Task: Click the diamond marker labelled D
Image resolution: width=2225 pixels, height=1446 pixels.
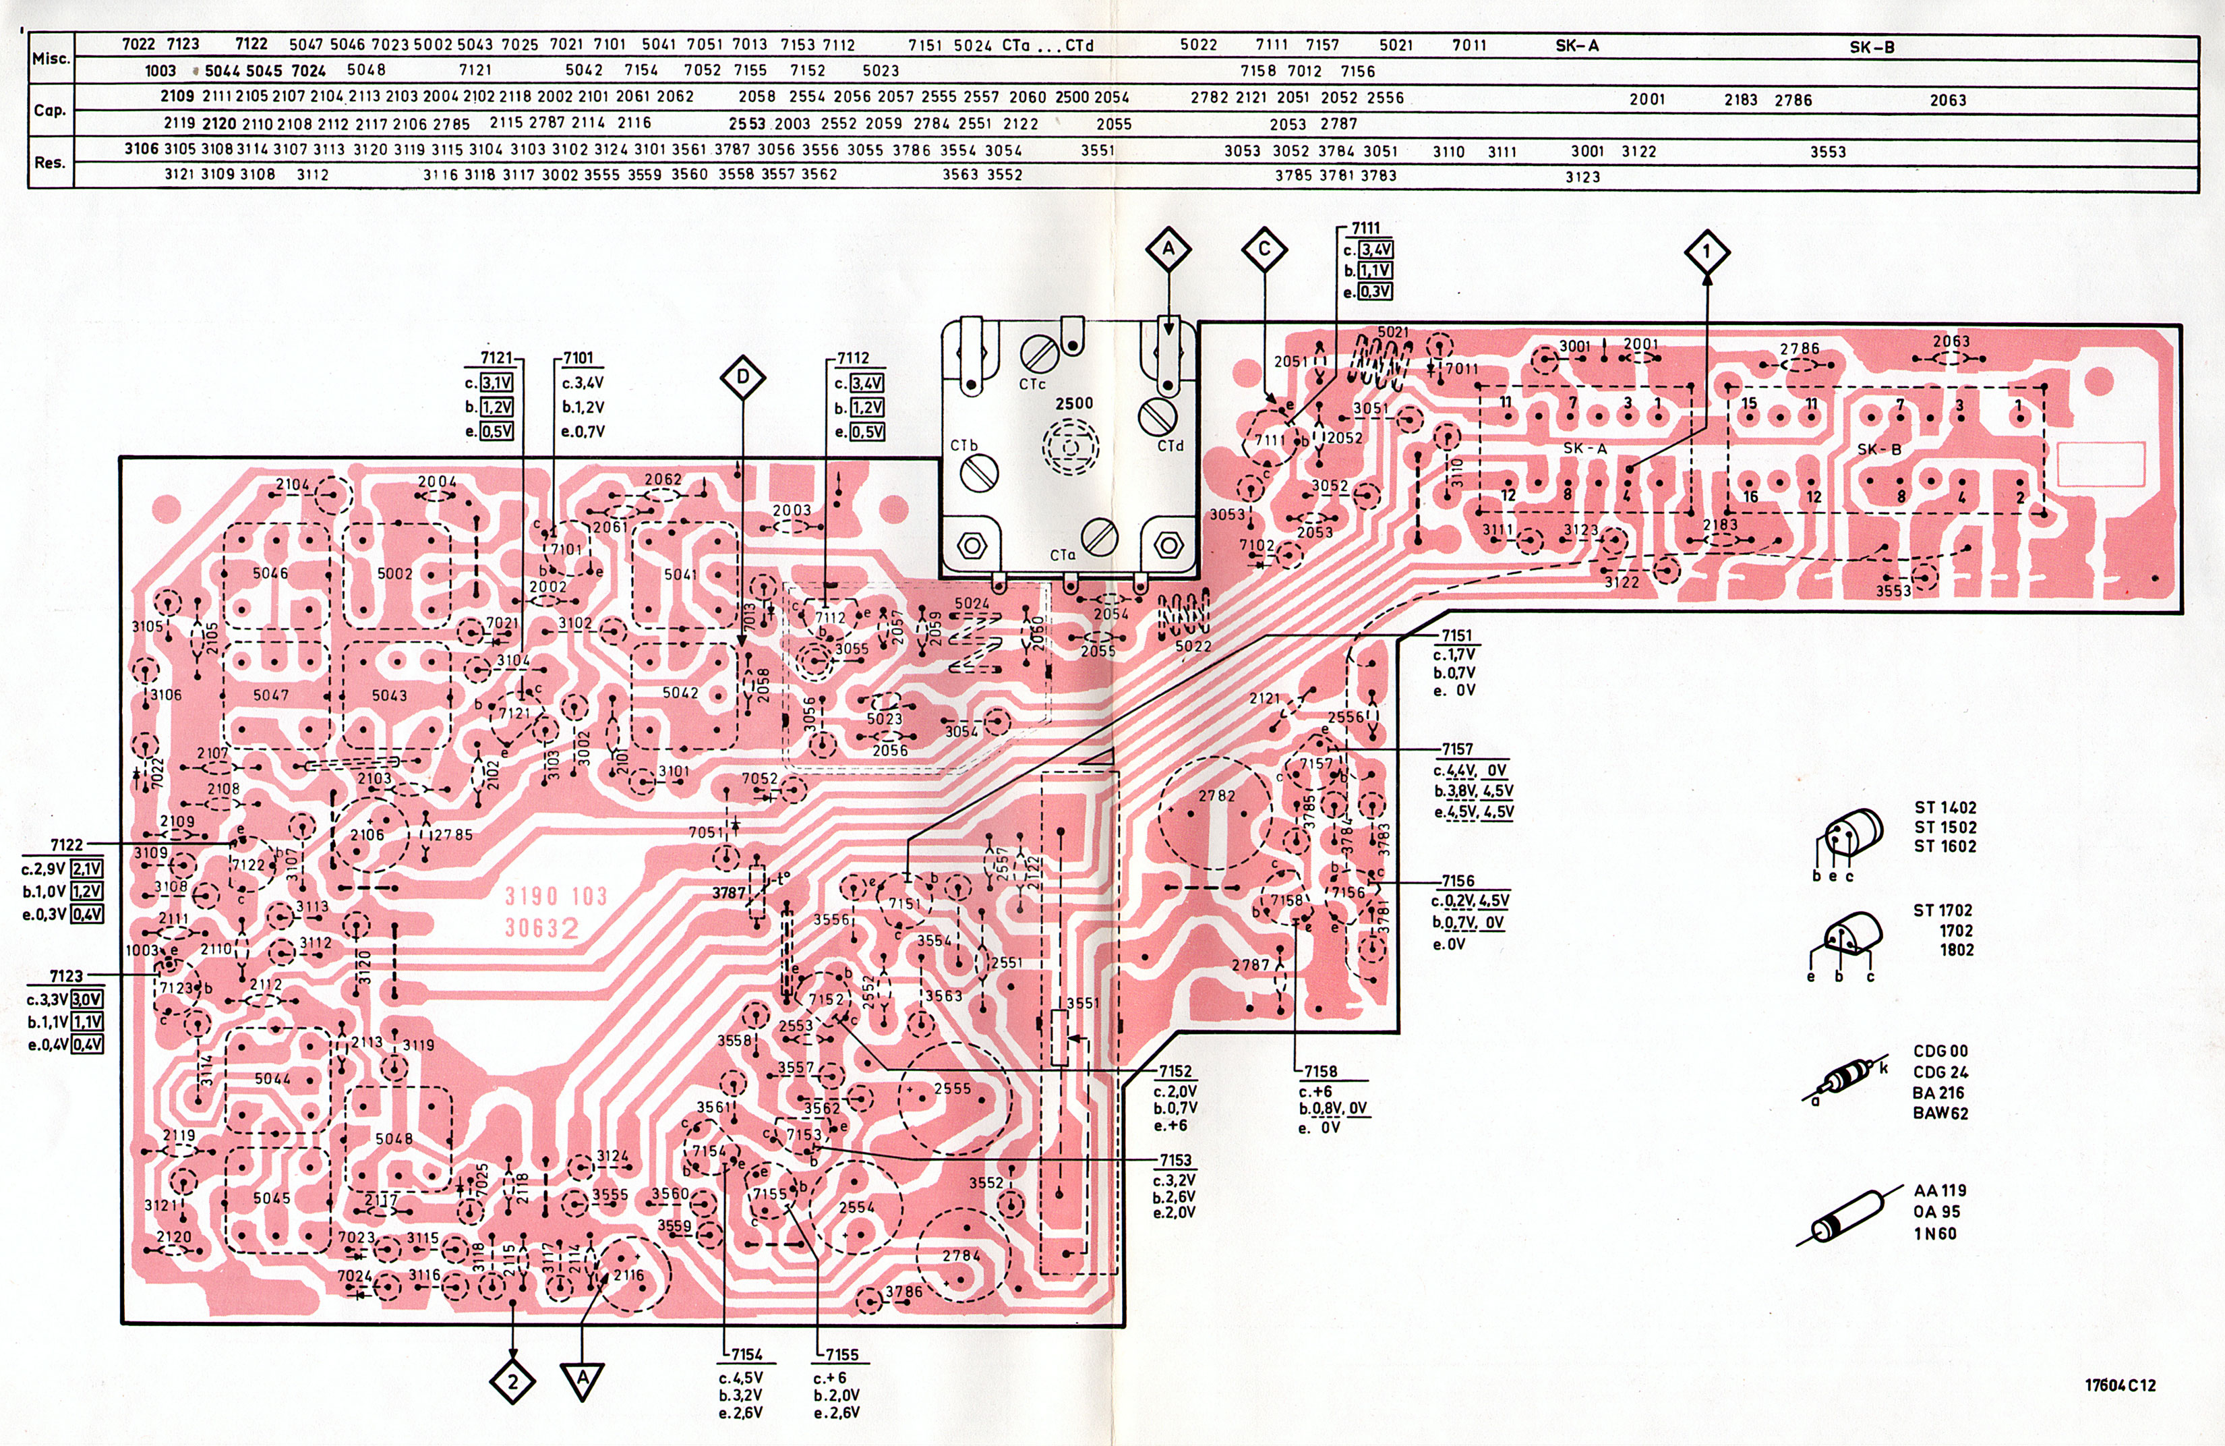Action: [742, 378]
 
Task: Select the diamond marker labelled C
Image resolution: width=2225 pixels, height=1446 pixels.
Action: [1264, 250]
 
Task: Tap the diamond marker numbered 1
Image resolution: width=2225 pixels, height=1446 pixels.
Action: [1706, 252]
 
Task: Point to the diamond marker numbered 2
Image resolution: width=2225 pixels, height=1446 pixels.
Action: [512, 1381]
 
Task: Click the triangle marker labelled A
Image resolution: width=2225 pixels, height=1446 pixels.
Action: [583, 1379]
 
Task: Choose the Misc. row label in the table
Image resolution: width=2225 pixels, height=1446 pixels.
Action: [51, 58]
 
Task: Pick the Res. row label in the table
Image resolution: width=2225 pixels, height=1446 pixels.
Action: [49, 162]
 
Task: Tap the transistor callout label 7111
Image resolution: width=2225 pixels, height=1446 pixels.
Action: [1366, 227]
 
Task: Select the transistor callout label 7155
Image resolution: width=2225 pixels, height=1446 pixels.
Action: [841, 1354]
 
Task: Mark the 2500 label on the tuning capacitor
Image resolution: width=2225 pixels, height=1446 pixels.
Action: [1074, 403]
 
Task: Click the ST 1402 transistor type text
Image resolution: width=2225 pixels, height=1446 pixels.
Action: [1945, 807]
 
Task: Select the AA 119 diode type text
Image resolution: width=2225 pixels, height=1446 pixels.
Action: [1940, 1190]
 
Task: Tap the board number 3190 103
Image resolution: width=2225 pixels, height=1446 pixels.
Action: [556, 896]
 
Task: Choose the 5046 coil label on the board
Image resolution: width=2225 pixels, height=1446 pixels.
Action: [270, 573]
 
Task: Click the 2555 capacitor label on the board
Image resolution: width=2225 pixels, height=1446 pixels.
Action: [952, 1089]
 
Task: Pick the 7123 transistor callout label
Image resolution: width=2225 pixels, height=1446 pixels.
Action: [65, 975]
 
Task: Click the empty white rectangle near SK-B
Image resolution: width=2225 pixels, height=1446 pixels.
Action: [2101, 464]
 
